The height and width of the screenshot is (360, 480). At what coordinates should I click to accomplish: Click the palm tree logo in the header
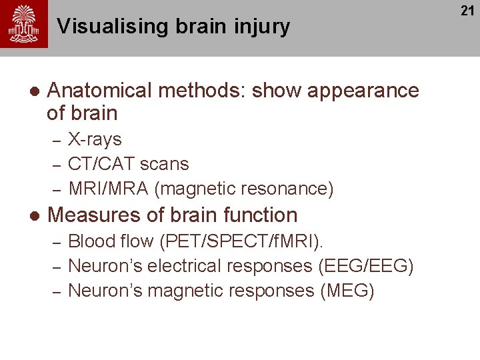(x=24, y=24)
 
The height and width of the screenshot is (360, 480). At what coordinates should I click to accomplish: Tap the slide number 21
(x=466, y=11)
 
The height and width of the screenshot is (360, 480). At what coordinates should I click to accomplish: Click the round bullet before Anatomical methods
(x=34, y=91)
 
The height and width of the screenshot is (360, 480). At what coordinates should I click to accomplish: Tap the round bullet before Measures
(x=34, y=216)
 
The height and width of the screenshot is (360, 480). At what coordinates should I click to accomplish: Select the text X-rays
(x=95, y=139)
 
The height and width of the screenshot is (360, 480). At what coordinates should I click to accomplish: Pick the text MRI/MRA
(x=108, y=189)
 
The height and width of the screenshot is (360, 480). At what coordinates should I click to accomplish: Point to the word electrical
(x=185, y=266)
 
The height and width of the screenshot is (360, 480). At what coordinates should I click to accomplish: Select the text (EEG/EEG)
(x=367, y=266)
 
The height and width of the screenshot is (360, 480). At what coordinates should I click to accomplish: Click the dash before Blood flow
(x=57, y=241)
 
